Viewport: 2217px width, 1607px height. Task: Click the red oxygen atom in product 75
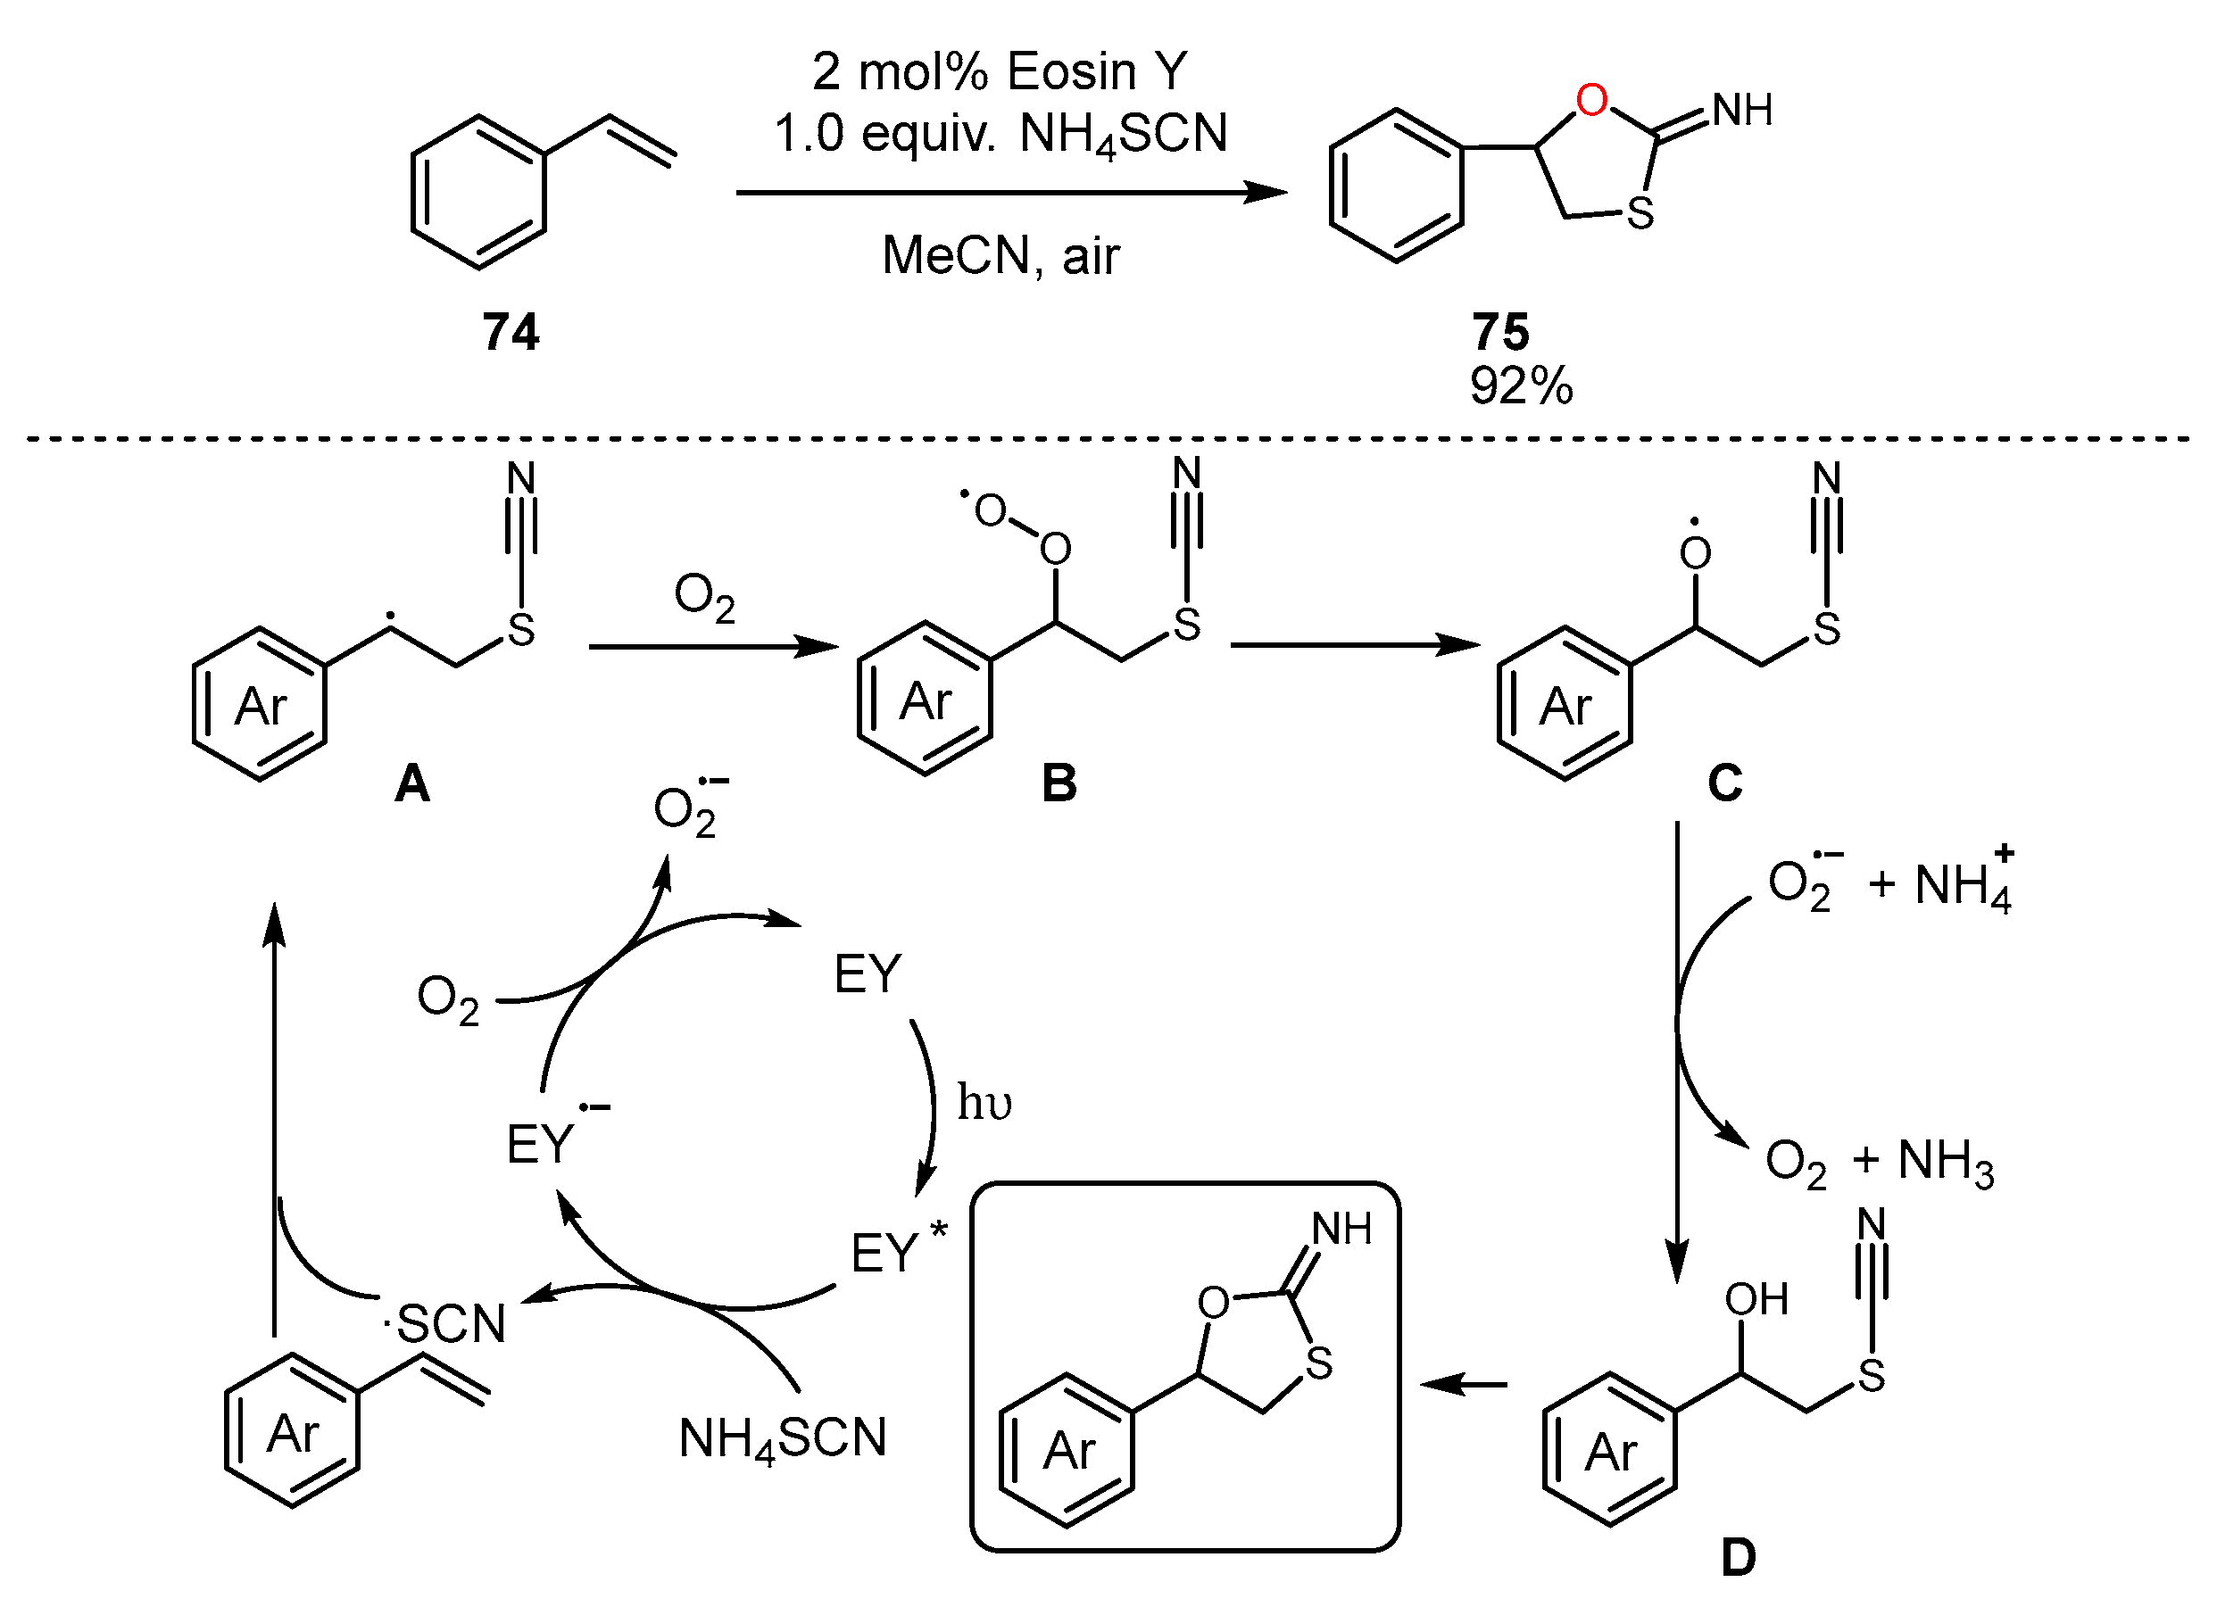click(1591, 101)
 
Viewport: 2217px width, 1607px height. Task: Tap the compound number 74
click(511, 332)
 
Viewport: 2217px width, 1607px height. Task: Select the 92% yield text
click(1521, 386)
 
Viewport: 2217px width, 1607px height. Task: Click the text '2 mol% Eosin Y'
click(999, 71)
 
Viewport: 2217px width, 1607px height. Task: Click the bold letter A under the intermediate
click(411, 784)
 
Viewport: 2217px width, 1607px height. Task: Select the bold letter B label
click(1059, 784)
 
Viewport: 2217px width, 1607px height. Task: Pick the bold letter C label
click(1724, 784)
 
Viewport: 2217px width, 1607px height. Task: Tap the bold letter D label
click(1738, 1558)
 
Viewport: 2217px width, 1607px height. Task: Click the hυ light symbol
click(984, 1103)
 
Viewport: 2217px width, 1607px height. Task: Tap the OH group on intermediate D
click(1756, 1300)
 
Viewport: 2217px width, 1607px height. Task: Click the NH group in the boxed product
click(1341, 1230)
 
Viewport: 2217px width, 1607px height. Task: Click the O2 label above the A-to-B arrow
click(704, 597)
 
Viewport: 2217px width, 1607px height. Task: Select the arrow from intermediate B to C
click(1355, 645)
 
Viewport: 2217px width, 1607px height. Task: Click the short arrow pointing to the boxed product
click(1464, 1384)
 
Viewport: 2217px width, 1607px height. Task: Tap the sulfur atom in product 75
click(1640, 214)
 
